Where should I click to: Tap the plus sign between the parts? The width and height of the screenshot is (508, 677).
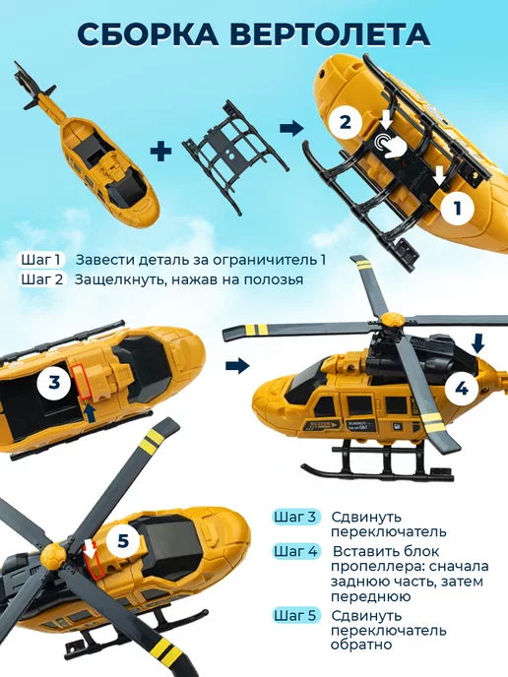160,151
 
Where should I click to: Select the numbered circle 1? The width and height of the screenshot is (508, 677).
458,209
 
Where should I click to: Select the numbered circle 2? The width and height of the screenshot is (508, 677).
346,122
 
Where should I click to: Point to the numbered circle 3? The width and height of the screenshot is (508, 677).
54,383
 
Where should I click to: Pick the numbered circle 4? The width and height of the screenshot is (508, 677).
462,389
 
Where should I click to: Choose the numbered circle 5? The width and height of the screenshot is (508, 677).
123,540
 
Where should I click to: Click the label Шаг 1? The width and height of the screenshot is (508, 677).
40,260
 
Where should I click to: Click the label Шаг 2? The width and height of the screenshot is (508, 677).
42,279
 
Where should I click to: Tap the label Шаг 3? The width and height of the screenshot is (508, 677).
295,517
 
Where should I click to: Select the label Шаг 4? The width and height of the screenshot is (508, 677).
295,551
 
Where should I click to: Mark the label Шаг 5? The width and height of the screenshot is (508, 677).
295,615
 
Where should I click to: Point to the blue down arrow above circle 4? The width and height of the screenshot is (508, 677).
477,344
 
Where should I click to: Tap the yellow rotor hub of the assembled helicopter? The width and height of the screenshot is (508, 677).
393,320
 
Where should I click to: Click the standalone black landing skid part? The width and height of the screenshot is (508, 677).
235,155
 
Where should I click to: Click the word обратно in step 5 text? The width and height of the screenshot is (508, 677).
361,646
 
